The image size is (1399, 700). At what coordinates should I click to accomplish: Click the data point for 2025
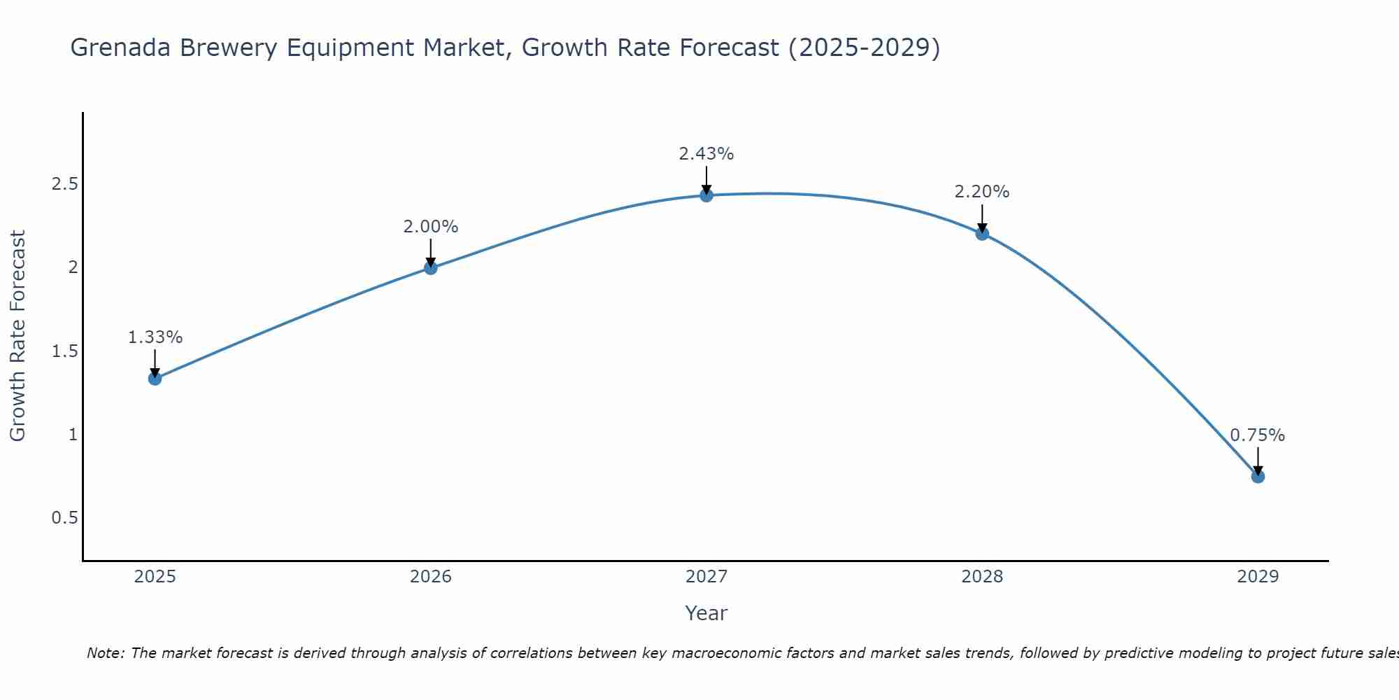(x=155, y=379)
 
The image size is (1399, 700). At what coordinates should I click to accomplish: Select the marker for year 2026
(x=430, y=267)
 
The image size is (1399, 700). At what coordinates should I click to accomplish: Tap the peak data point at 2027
(x=706, y=195)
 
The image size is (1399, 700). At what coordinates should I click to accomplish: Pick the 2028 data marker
(x=982, y=234)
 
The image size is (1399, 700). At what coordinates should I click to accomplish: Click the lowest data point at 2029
(x=1258, y=477)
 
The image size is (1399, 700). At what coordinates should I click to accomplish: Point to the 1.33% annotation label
(x=155, y=337)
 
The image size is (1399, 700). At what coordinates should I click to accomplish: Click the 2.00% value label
(x=430, y=227)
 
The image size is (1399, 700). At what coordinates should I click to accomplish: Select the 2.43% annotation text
(x=706, y=154)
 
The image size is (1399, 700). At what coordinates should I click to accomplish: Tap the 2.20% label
(x=982, y=192)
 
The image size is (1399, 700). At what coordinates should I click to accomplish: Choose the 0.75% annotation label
(x=1258, y=435)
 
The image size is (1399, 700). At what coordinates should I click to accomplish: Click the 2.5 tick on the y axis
(x=65, y=184)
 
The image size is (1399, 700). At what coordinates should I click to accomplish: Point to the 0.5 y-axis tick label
(x=65, y=518)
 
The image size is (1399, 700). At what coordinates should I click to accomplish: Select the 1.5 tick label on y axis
(x=65, y=351)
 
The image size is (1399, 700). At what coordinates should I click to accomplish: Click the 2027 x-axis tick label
(x=706, y=577)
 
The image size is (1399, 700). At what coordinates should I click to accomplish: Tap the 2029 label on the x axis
(x=1258, y=577)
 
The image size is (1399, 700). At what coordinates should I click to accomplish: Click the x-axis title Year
(x=706, y=613)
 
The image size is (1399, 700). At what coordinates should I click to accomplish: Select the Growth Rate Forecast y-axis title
(x=18, y=336)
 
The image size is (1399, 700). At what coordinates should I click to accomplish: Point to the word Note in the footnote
(x=105, y=653)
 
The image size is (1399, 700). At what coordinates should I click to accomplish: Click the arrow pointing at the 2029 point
(x=1258, y=461)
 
